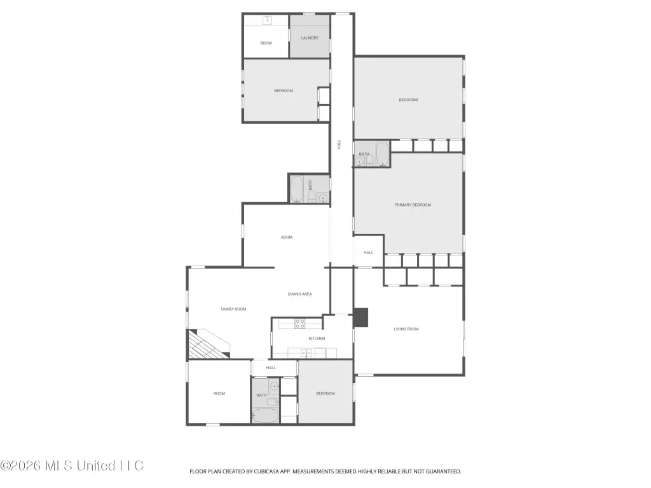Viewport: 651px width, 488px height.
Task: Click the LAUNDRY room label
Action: pyautogui.click(x=310, y=37)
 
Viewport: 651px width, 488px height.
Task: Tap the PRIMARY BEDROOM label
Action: pyautogui.click(x=413, y=205)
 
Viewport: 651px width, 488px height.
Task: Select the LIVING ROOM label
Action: pyautogui.click(x=406, y=329)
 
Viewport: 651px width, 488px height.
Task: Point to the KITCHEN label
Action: pyautogui.click(x=317, y=339)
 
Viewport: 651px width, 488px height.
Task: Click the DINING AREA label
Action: pyautogui.click(x=300, y=294)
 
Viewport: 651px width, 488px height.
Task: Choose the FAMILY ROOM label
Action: pyautogui.click(x=233, y=309)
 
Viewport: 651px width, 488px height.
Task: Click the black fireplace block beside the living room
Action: pyautogui.click(x=361, y=318)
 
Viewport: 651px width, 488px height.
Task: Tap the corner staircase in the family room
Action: pyautogui.click(x=208, y=344)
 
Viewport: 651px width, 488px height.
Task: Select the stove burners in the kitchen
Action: pyautogui.click(x=300, y=323)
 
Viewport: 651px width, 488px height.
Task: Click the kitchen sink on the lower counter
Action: pyautogui.click(x=306, y=353)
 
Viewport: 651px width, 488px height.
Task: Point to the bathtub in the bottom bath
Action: pyautogui.click(x=265, y=416)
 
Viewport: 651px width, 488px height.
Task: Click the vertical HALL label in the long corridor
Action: pyautogui.click(x=339, y=144)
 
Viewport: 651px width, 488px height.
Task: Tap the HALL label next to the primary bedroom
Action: pyautogui.click(x=368, y=253)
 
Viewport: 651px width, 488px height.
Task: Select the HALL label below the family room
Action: pyautogui.click(x=271, y=368)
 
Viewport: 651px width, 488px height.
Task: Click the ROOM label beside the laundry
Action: pyautogui.click(x=266, y=43)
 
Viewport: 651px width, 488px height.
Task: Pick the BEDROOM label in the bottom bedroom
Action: pyautogui.click(x=325, y=394)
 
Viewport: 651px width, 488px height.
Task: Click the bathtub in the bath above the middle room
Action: pyautogui.click(x=296, y=189)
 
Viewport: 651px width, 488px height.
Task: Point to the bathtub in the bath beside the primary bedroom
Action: pyautogui.click(x=382, y=154)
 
